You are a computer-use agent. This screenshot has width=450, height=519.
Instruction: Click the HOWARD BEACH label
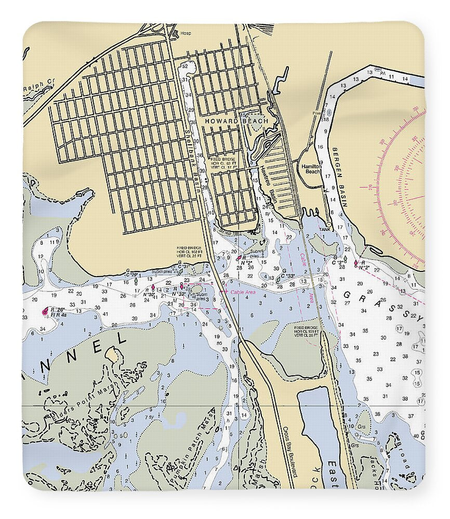(x=236, y=121)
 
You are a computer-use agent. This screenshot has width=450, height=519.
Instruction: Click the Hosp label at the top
(x=186, y=34)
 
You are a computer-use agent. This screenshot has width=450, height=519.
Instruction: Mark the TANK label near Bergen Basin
(x=325, y=229)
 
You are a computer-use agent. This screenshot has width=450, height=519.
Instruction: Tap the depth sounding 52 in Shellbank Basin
(x=184, y=66)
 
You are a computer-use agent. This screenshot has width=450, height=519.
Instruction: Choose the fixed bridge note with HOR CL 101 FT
(x=307, y=332)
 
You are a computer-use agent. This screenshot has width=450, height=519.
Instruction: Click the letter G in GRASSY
(x=347, y=295)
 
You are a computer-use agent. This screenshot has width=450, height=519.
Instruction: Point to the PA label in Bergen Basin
(x=383, y=74)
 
